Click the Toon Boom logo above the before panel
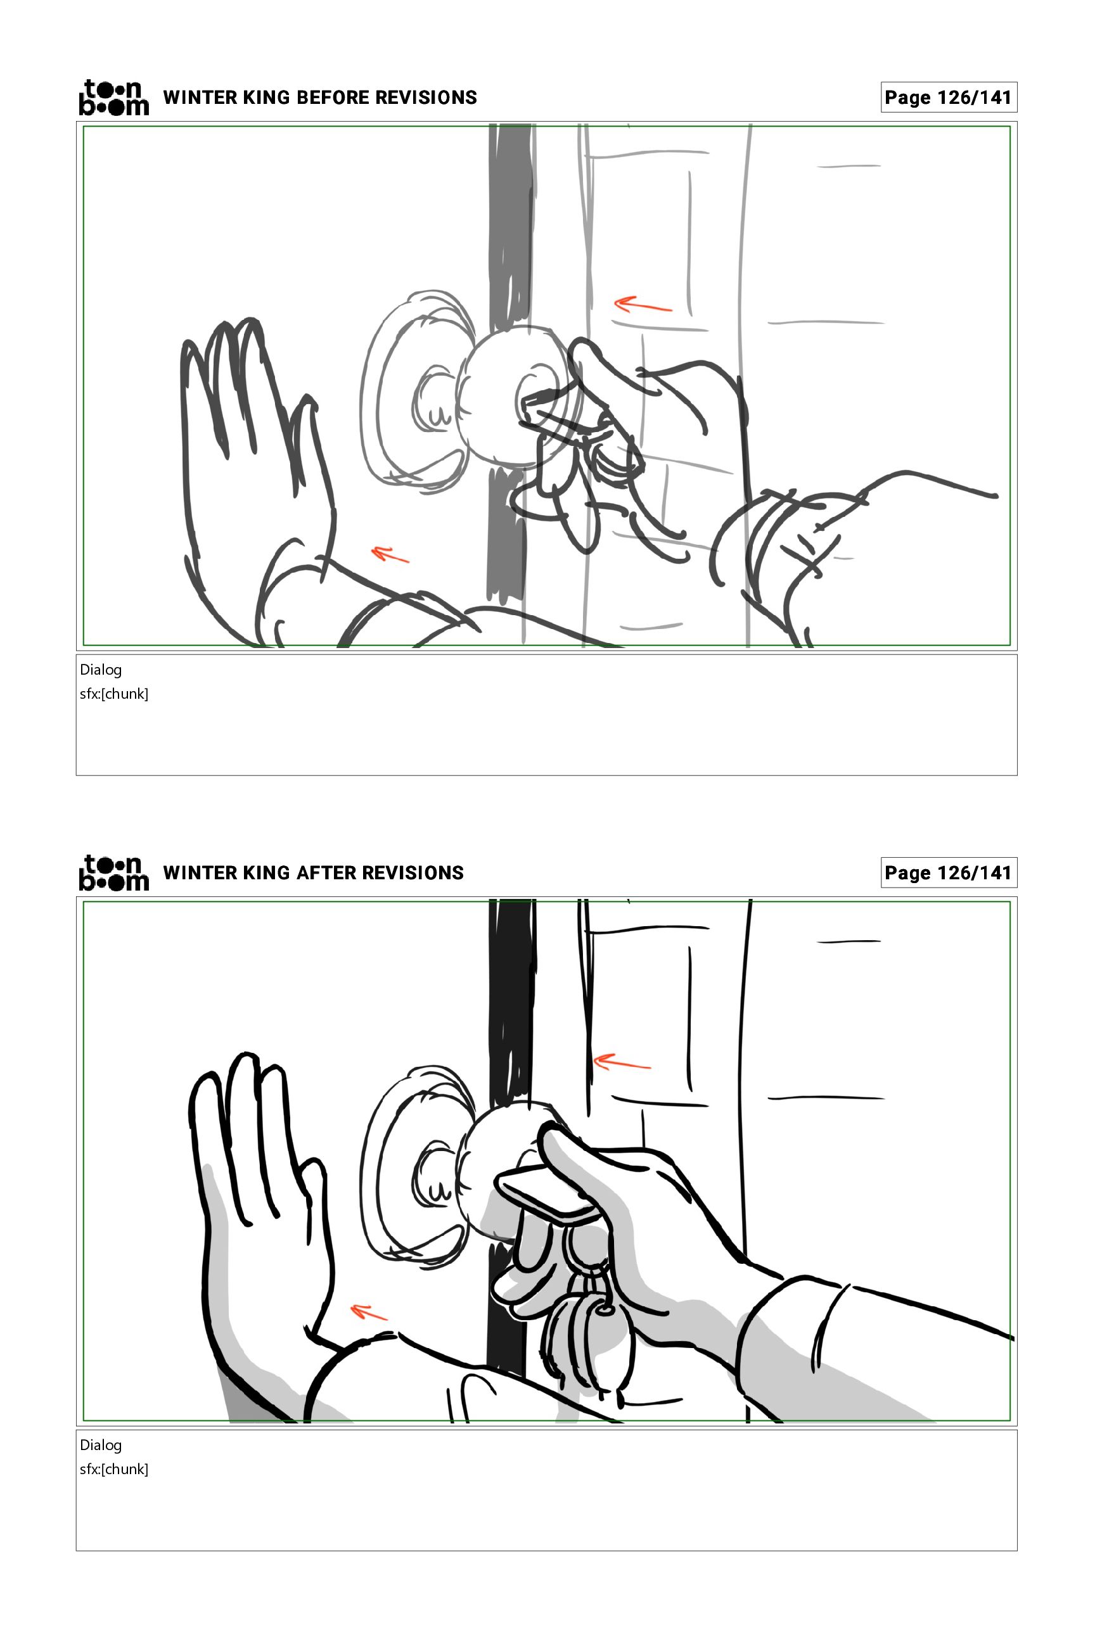coord(114,97)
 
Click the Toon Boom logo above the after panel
coord(114,873)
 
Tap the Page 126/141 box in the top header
coord(949,97)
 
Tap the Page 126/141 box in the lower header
coord(949,873)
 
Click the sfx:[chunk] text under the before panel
coord(114,694)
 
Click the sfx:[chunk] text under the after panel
coord(114,1470)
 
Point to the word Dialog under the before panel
coord(101,670)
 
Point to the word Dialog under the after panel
coord(101,1445)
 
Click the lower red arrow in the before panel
coord(390,554)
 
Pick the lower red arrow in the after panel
coord(369,1313)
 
